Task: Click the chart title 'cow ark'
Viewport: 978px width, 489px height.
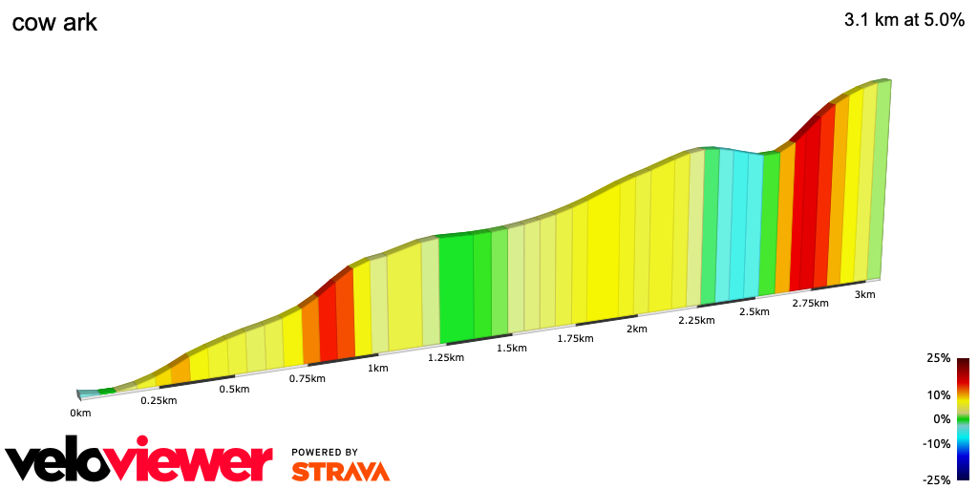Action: point(54,22)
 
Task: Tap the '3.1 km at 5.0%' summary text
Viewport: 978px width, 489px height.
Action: point(904,22)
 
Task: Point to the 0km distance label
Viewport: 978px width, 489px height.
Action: point(80,413)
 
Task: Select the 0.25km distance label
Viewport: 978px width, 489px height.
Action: point(159,400)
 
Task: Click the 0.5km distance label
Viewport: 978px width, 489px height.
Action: point(234,389)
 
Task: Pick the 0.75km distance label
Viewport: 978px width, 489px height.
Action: point(308,378)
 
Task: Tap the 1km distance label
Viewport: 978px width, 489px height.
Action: point(378,368)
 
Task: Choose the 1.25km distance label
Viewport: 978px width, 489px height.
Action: point(446,358)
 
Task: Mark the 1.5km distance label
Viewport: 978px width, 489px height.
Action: point(512,348)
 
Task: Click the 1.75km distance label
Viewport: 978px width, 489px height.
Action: point(576,338)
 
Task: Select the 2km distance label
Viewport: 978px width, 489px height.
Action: point(637,329)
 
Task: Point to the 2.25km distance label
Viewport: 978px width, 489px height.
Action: point(696,320)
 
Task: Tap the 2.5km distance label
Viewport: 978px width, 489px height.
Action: point(755,311)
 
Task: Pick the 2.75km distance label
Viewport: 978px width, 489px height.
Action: point(811,303)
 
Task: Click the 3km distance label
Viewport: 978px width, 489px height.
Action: point(864,294)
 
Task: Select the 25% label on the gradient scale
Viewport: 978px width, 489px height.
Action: point(938,358)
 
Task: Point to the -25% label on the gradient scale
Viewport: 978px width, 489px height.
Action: point(936,479)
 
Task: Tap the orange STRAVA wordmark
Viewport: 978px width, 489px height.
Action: point(340,471)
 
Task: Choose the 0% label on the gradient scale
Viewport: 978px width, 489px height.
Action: point(942,418)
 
